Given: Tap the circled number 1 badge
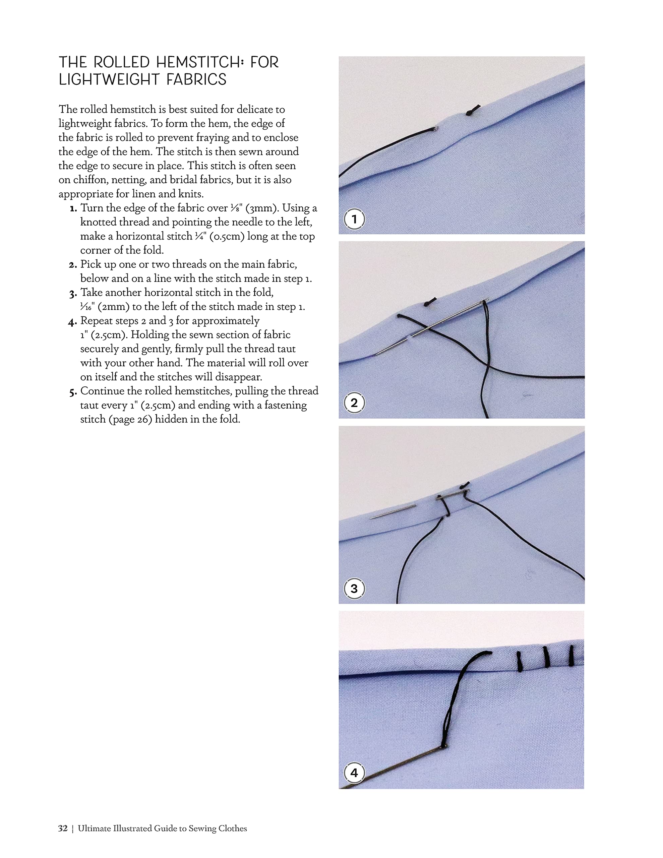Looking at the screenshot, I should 354,219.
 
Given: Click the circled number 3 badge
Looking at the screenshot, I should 354,589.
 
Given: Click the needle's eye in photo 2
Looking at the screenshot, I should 485,301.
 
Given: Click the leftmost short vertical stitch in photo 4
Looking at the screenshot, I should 519,661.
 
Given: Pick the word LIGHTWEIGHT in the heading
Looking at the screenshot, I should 109,80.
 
